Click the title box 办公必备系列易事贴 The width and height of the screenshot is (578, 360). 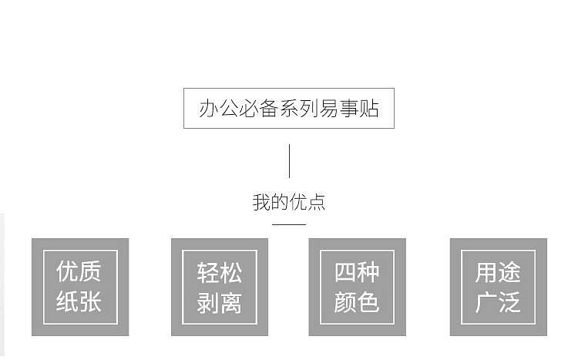point(289,108)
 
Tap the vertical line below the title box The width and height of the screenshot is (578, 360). point(289,161)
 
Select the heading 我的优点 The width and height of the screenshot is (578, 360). point(289,202)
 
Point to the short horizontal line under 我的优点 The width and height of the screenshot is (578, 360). point(289,224)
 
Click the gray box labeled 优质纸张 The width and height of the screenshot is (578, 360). point(80,287)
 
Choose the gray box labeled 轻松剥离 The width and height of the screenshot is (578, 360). point(220,287)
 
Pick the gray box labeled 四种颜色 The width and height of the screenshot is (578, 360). point(357,287)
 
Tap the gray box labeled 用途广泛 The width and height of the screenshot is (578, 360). point(499,287)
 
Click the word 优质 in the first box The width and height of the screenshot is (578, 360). point(79,271)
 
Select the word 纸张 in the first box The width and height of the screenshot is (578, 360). point(79,301)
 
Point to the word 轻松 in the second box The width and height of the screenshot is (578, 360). point(220,273)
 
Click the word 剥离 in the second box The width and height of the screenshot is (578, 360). point(220,303)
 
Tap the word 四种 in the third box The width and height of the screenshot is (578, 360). point(357,272)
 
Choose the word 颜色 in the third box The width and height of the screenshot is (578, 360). point(357,302)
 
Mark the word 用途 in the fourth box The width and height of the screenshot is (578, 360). point(498,272)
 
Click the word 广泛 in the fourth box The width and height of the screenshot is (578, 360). point(498,302)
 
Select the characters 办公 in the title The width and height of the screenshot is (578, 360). point(218,109)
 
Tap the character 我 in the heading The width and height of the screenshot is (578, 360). point(261,202)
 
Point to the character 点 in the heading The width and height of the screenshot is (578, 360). point(317,202)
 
